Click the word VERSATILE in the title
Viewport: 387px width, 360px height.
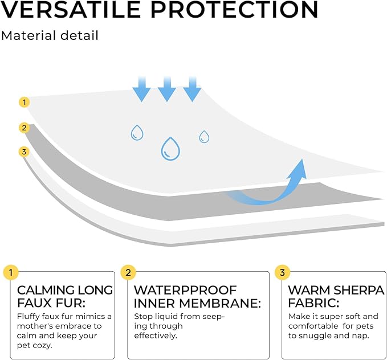(79, 9)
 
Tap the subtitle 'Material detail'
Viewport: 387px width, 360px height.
(50, 35)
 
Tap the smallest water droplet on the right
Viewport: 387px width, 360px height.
(204, 137)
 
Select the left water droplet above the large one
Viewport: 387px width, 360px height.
(137, 133)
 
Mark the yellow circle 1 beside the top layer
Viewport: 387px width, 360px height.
(24, 103)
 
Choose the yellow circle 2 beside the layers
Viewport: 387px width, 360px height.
(24, 128)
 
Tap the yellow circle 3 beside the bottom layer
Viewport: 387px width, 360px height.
(24, 152)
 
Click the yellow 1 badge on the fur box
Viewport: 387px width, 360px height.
(10, 271)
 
